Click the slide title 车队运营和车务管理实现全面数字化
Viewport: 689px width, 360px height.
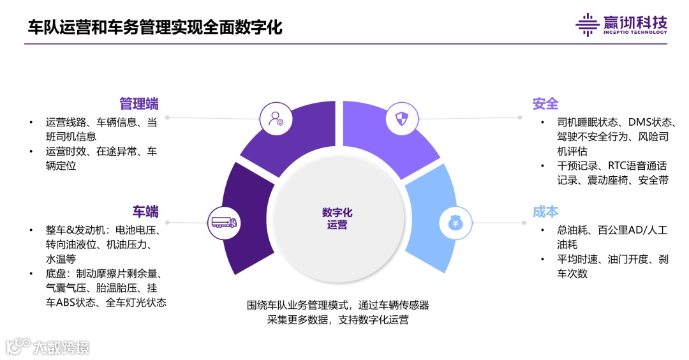(155, 27)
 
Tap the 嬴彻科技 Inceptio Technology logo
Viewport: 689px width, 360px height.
(621, 24)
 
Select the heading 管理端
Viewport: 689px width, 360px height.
(139, 104)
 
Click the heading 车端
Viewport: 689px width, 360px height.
(145, 212)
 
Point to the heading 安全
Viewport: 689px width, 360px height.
(545, 104)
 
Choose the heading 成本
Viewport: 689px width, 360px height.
(545, 212)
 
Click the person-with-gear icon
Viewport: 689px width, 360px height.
(276, 119)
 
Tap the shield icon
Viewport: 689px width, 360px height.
(401, 119)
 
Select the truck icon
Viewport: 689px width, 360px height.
(223, 223)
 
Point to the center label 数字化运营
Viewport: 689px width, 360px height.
(337, 219)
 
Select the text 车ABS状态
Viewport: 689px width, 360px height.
(70, 303)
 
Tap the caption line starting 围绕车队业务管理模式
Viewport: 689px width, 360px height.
(338, 305)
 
